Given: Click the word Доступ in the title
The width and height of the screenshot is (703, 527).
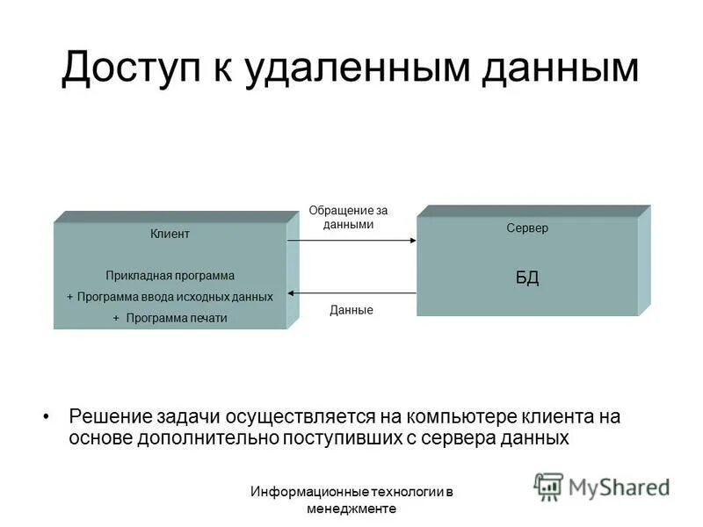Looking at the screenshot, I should click(x=127, y=69).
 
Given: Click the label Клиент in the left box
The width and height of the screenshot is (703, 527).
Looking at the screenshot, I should click(x=170, y=234).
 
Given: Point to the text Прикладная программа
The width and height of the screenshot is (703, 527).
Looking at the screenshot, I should click(x=170, y=276).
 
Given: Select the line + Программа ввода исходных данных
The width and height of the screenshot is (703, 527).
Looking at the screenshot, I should click(x=170, y=297).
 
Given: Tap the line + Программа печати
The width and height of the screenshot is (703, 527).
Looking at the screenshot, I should click(x=170, y=318).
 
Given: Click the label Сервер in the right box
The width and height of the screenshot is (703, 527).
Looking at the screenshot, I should click(x=527, y=228).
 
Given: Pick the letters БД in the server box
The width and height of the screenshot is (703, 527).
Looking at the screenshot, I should click(x=527, y=278).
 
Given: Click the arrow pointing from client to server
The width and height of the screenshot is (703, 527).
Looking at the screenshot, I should click(x=351, y=240).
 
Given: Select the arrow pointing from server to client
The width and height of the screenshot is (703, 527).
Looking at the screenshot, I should click(x=351, y=292).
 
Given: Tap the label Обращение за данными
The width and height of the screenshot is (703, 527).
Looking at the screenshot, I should click(x=348, y=217).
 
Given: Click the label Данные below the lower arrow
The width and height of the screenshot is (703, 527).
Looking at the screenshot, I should click(x=351, y=310).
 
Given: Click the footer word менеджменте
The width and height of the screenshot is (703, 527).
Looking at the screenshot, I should click(x=351, y=509).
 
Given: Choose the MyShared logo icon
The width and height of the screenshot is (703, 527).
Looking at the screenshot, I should click(x=548, y=486).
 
